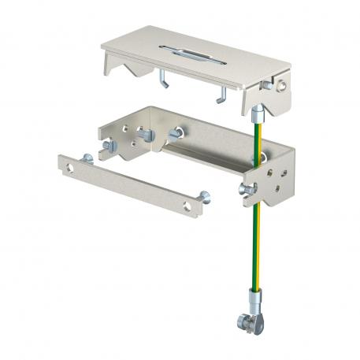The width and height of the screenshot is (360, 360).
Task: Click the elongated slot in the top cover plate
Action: pos(192,55)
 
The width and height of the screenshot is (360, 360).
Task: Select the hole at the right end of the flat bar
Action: pos(187,206)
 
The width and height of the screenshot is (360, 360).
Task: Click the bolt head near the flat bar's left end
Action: pos(87,159)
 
